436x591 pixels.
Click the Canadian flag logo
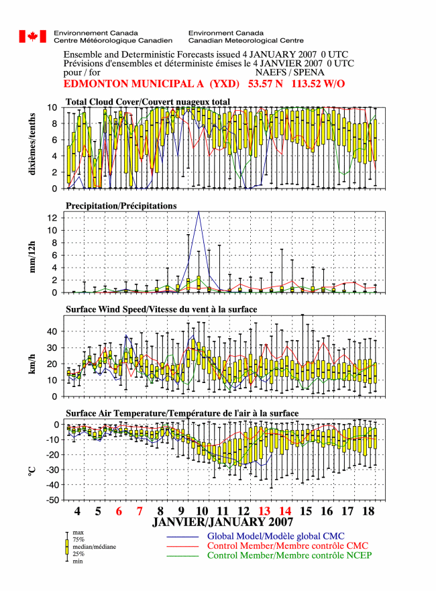(x=33, y=37)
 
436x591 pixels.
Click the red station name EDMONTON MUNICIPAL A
(x=133, y=84)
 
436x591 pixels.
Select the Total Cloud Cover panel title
(x=148, y=102)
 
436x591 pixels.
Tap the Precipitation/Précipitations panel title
(x=121, y=206)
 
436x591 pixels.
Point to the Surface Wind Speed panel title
(x=161, y=309)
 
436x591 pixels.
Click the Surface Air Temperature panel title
(x=182, y=413)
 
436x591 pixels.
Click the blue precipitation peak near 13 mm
(x=199, y=212)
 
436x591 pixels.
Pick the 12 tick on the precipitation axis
(x=53, y=218)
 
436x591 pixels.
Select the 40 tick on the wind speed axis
(x=53, y=331)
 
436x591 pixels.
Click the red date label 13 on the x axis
(x=264, y=511)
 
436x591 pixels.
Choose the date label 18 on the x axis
(x=368, y=511)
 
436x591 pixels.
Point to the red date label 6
(x=119, y=511)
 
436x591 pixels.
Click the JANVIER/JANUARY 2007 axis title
(x=223, y=522)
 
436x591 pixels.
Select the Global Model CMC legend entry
(x=276, y=536)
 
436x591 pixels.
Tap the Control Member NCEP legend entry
(x=289, y=555)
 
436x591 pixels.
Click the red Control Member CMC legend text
(x=288, y=545)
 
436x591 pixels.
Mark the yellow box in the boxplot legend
(x=67, y=547)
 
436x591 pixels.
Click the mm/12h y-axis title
(x=32, y=257)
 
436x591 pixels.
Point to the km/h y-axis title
(x=32, y=364)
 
